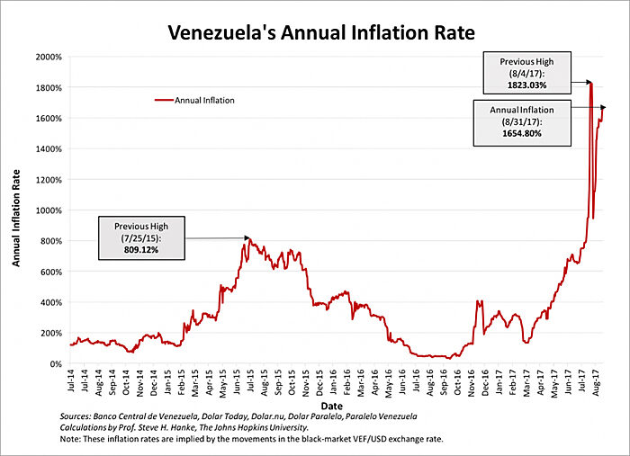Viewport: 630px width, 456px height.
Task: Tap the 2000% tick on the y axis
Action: tap(49, 57)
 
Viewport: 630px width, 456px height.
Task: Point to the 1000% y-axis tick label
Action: tap(49, 210)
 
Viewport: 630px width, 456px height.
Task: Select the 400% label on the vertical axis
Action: tap(50, 302)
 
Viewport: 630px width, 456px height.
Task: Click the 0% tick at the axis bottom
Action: tap(55, 363)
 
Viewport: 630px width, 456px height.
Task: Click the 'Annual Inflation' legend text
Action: tap(205, 101)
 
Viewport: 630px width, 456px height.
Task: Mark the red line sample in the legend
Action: tap(166, 101)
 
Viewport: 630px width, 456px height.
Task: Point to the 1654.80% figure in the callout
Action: tap(522, 132)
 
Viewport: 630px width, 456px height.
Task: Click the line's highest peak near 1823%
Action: tap(590, 83)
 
